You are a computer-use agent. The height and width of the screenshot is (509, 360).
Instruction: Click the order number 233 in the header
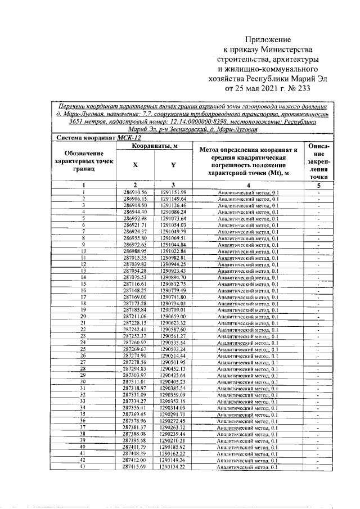[302, 88]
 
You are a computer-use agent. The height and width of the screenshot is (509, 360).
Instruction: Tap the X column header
[135, 165]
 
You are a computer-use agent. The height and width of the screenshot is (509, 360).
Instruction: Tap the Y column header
[173, 165]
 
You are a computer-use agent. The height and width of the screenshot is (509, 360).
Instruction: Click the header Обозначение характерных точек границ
[83, 161]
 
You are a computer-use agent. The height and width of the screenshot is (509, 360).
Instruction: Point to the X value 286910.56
[135, 192]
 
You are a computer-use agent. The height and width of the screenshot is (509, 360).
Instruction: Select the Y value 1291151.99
[173, 192]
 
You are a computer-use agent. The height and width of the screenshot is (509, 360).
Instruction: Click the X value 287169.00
[135, 297]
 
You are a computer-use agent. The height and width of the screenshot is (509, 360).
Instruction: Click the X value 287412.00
[135, 460]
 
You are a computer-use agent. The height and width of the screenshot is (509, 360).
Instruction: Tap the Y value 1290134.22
[173, 467]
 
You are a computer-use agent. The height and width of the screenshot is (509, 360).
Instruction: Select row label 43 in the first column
[83, 467]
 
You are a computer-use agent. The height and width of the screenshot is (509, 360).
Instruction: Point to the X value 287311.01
[135, 382]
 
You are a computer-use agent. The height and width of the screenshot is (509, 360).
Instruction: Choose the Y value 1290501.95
[173, 362]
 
